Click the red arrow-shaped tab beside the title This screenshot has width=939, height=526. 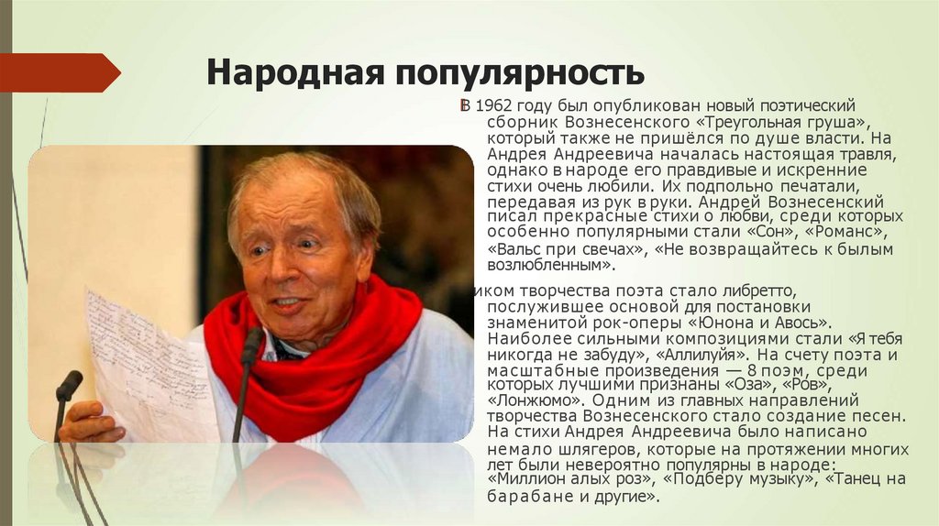[60, 72]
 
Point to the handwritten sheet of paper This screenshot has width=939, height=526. [147, 367]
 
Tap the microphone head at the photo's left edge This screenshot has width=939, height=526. [69, 385]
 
